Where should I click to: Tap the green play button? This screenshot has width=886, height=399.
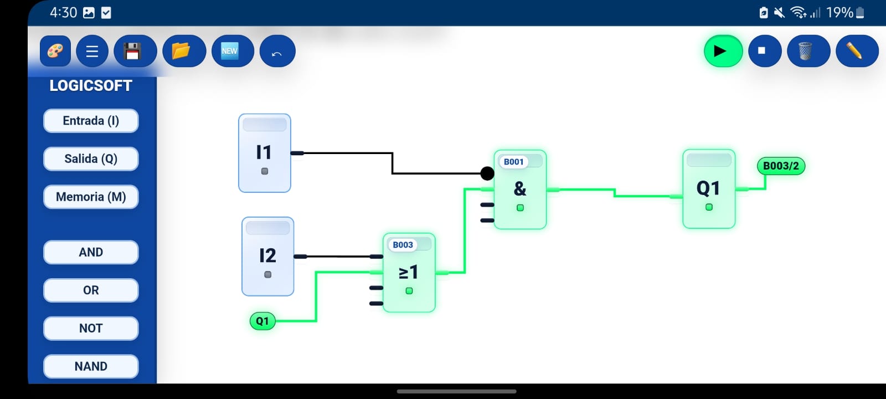pos(723,51)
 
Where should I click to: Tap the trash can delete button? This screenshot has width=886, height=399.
pos(807,51)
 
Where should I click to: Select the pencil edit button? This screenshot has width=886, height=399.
pos(856,51)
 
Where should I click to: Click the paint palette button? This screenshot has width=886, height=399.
pos(55,51)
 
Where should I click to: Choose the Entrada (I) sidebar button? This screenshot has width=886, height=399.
pos(91,121)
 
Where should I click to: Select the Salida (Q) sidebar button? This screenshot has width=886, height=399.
pos(91,159)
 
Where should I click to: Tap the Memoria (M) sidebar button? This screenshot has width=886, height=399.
pos(91,197)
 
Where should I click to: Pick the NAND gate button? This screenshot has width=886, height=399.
pos(91,366)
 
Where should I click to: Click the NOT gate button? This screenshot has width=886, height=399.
pos(91,328)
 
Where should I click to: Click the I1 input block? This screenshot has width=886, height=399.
pos(265,153)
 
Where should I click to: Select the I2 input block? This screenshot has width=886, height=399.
pos(268,256)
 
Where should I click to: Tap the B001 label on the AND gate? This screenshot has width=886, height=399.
pos(513,162)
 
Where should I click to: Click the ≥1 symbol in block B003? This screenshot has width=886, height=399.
pos(408,273)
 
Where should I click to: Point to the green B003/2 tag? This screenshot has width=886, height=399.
pos(781,166)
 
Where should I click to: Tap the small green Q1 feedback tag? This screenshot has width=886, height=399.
pos(262,321)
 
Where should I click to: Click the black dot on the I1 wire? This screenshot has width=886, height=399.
pos(487,173)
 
